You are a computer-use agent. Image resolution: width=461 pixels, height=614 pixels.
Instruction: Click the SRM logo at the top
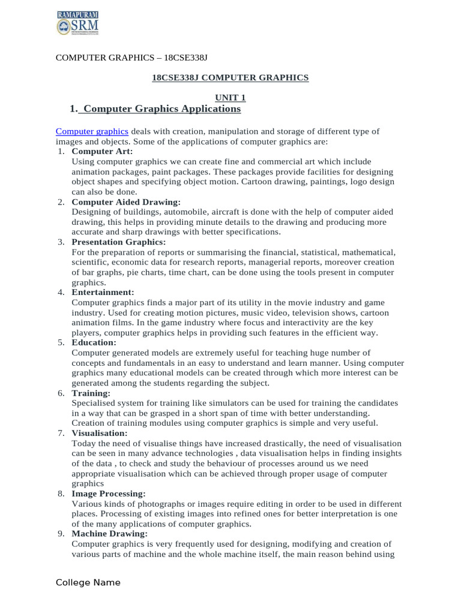point(77,23)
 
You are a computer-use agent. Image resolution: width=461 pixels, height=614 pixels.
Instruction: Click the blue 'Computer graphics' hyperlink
point(92,131)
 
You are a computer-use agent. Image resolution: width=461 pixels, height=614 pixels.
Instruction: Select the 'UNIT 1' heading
point(230,97)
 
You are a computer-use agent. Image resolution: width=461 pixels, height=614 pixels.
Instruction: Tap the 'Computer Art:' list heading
point(102,151)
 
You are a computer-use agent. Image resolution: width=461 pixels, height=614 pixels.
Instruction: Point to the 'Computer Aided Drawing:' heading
point(125,202)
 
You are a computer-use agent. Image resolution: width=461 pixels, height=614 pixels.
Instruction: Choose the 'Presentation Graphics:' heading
point(119,242)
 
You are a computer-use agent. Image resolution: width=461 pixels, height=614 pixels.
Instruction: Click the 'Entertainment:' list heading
point(103,292)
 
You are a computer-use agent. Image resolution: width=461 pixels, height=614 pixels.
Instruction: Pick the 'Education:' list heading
point(94,342)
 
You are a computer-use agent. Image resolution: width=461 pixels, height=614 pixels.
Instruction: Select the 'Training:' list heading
point(91,393)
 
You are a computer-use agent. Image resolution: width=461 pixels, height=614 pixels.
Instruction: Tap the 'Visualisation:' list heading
point(100,433)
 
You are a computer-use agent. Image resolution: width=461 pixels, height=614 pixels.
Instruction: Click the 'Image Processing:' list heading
point(109,493)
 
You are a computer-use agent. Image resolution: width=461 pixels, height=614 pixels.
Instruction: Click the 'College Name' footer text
point(88,582)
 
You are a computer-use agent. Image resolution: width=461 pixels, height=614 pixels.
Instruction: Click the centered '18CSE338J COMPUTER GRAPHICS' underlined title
point(230,77)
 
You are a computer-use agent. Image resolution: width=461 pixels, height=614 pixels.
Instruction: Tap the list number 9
point(61,534)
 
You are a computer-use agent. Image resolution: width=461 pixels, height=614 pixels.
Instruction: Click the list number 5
point(61,342)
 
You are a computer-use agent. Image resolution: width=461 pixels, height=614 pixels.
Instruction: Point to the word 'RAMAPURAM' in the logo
point(78,14)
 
